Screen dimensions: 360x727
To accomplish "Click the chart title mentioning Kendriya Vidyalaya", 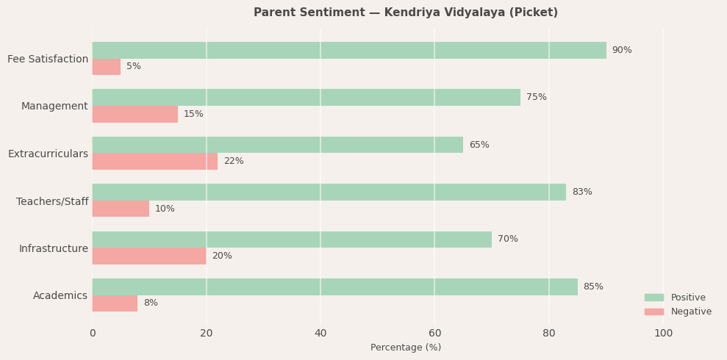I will [405, 12].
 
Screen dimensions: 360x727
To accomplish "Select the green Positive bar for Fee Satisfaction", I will [349, 50].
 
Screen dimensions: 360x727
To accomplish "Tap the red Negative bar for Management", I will [135, 114].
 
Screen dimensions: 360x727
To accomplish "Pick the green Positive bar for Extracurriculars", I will [277, 145].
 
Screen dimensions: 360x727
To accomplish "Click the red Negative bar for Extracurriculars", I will [154, 161].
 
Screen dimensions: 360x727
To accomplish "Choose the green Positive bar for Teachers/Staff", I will [329, 192].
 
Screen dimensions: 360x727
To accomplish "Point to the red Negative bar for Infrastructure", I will [149, 256].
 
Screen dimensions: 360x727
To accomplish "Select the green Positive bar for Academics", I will [334, 287].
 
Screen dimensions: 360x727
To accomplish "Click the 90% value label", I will [622, 50].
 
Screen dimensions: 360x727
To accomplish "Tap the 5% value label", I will [133, 67].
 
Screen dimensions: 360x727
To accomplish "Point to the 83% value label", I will [582, 192].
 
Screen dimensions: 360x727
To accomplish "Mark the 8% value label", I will [151, 303].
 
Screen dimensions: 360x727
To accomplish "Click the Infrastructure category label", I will [54, 248].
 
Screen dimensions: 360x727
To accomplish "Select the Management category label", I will [54, 106].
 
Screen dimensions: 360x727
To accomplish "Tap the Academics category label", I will [60, 295].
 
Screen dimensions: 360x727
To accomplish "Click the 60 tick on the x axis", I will [434, 334].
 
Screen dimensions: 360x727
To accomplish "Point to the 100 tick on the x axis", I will [663, 334].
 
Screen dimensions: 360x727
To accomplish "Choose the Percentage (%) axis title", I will [406, 348].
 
